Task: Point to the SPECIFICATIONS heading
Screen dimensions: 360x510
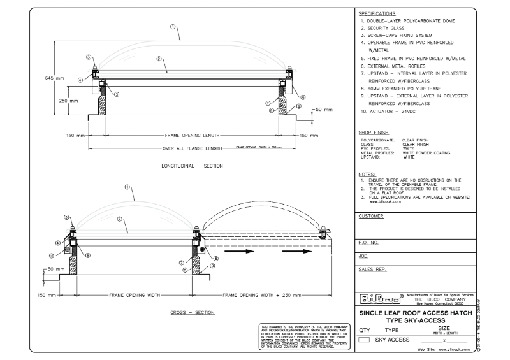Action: (x=377, y=13)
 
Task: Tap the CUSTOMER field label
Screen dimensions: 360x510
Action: (x=372, y=216)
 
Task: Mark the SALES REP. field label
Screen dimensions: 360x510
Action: (x=373, y=270)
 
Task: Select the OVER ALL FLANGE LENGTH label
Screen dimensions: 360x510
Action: (x=193, y=148)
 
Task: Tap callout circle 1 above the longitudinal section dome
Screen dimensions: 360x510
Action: (x=173, y=27)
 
